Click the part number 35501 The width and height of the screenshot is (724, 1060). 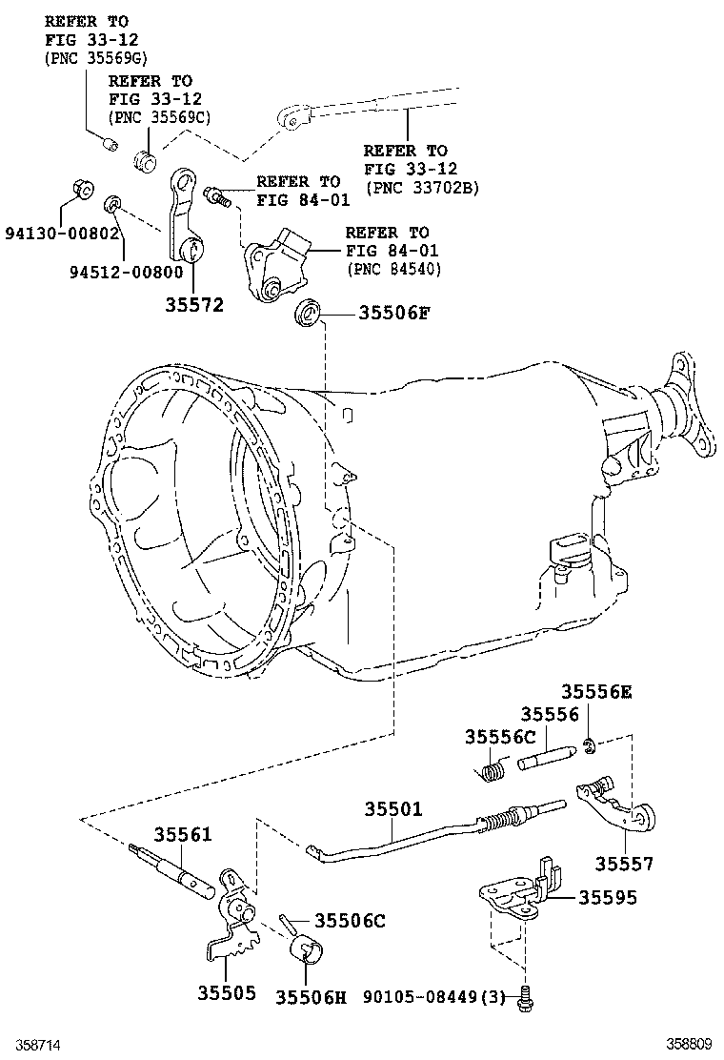pyautogui.click(x=392, y=808)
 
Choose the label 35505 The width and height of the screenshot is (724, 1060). pyautogui.click(x=227, y=993)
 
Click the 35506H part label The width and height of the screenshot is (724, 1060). pyautogui.click(x=312, y=996)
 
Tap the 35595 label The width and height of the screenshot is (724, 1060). pyautogui.click(x=605, y=898)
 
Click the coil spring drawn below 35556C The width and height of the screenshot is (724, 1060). pyautogui.click(x=492, y=770)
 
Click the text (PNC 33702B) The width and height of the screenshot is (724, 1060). pyautogui.click(x=420, y=188)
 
